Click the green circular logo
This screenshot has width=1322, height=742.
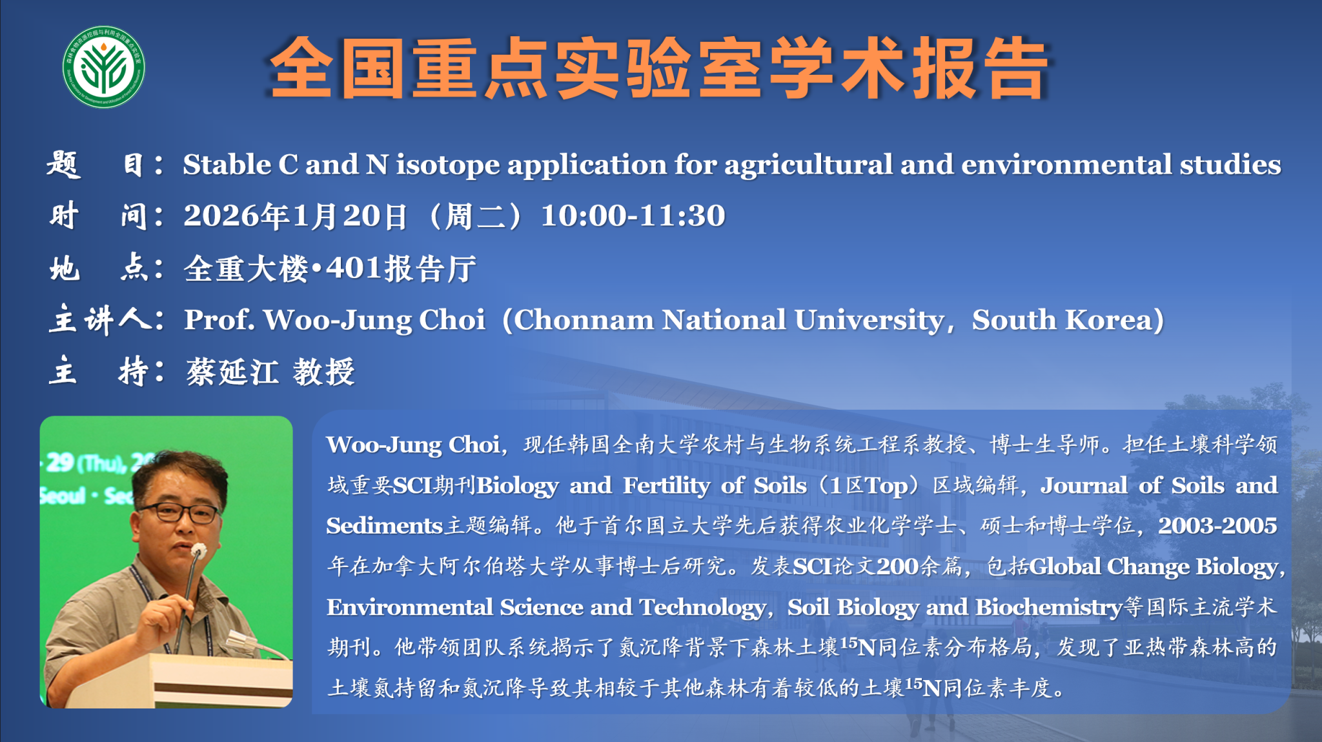104,67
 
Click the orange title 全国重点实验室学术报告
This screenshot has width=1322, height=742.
659,68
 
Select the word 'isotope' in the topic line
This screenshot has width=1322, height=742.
447,165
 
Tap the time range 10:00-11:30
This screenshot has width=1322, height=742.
633,216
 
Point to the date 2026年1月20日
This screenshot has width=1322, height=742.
296,216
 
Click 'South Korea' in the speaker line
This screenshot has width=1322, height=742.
1062,320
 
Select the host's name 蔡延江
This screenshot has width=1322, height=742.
232,372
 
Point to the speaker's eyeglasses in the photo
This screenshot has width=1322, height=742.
179,514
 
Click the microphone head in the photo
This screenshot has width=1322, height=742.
198,550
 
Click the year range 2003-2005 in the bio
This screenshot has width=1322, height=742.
1217,526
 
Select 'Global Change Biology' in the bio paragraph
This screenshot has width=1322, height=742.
1154,567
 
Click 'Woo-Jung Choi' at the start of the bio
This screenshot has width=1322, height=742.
413,445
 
